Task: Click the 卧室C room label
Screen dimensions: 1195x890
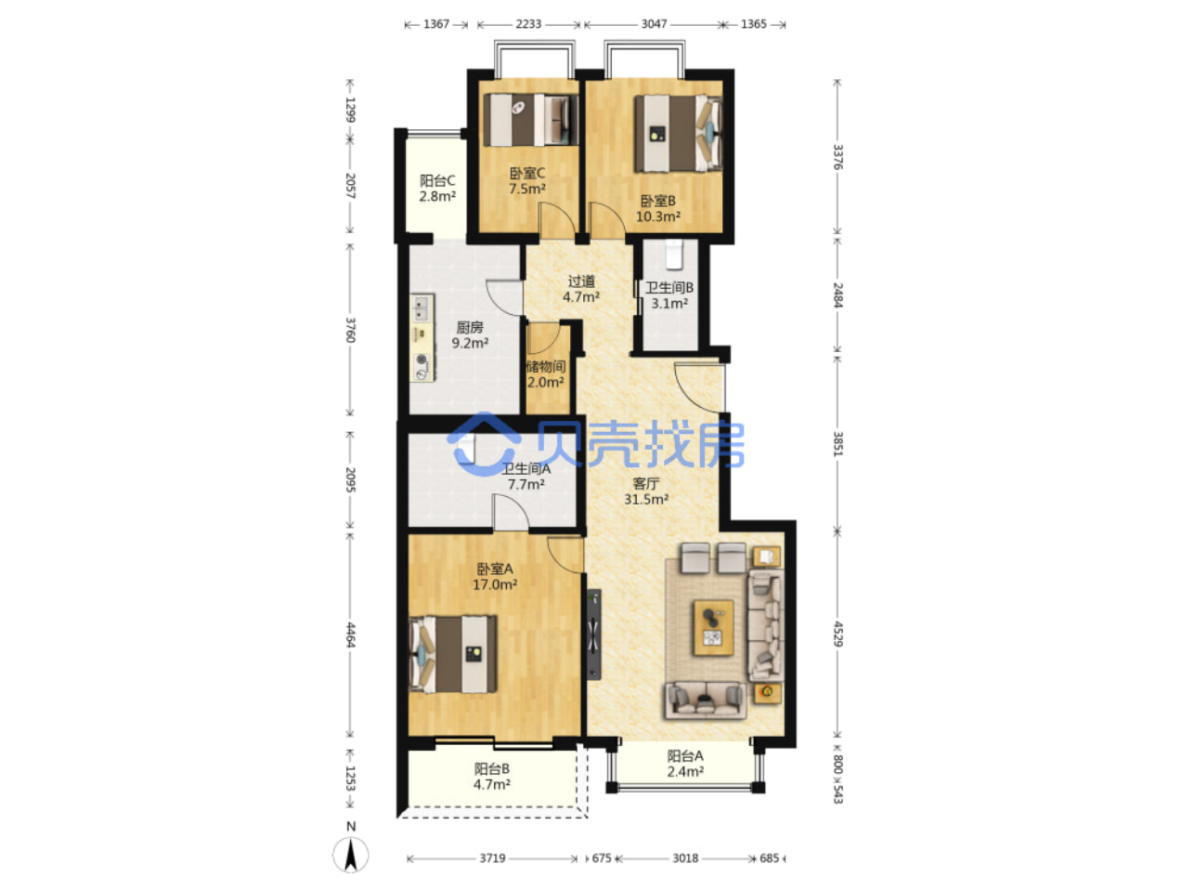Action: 526,173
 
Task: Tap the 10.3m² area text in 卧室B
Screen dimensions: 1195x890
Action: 657,216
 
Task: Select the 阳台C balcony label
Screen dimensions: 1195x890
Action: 437,180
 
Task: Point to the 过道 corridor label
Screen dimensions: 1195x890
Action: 581,281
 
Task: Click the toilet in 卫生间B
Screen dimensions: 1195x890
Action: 673,255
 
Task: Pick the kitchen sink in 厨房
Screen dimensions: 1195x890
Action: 422,308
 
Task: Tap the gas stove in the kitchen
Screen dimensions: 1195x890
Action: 422,367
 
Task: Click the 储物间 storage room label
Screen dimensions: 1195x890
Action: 546,367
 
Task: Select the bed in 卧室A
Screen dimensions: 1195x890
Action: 452,654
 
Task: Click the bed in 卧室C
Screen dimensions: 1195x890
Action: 530,120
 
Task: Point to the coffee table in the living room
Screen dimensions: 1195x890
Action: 713,627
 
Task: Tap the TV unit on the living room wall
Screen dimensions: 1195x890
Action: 593,634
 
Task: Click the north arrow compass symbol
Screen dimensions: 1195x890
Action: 351,855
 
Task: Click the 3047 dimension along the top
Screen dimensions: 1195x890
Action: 654,24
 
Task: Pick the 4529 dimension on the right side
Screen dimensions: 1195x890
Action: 838,634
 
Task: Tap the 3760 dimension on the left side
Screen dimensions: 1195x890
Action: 350,330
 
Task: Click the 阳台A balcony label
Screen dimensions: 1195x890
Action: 685,756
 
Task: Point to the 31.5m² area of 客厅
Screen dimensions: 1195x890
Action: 646,500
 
